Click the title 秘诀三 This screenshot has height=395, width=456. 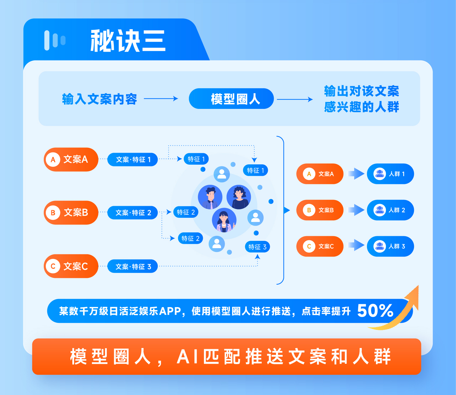[x=128, y=41]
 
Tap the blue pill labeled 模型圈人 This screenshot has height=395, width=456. [x=231, y=98]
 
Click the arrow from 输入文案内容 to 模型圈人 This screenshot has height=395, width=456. [x=161, y=98]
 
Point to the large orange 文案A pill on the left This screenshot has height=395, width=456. [x=71, y=159]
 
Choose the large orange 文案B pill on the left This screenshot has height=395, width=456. [x=71, y=213]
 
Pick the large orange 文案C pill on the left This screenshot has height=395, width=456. [x=71, y=266]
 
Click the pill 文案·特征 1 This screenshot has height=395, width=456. [x=132, y=159]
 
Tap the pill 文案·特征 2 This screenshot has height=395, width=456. [x=132, y=213]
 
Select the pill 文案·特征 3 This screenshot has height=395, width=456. [x=132, y=266]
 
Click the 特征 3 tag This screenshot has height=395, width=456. [x=257, y=247]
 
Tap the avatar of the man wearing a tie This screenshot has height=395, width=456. [x=210, y=197]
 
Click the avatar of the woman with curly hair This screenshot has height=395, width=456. [x=239, y=197]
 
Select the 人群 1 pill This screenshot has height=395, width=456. [x=390, y=174]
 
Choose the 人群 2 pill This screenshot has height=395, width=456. [x=390, y=210]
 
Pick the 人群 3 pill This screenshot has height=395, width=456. [x=390, y=246]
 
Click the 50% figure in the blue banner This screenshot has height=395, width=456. [x=375, y=310]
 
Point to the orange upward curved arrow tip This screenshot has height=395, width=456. [x=418, y=286]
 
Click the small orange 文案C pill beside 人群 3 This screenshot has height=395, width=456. [x=320, y=246]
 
